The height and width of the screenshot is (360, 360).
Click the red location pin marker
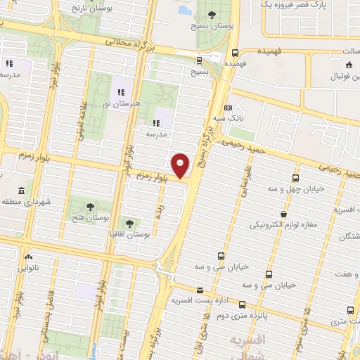[x=181, y=165]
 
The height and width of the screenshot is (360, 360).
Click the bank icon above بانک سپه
[x=228, y=108]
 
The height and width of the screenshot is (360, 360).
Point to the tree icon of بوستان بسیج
[x=212, y=15]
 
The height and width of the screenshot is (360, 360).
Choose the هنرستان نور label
[x=122, y=103]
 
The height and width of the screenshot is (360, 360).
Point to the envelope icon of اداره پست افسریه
[x=200, y=290]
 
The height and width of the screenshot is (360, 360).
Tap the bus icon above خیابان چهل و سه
[x=295, y=178]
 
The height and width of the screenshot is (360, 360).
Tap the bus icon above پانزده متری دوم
[x=243, y=305]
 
